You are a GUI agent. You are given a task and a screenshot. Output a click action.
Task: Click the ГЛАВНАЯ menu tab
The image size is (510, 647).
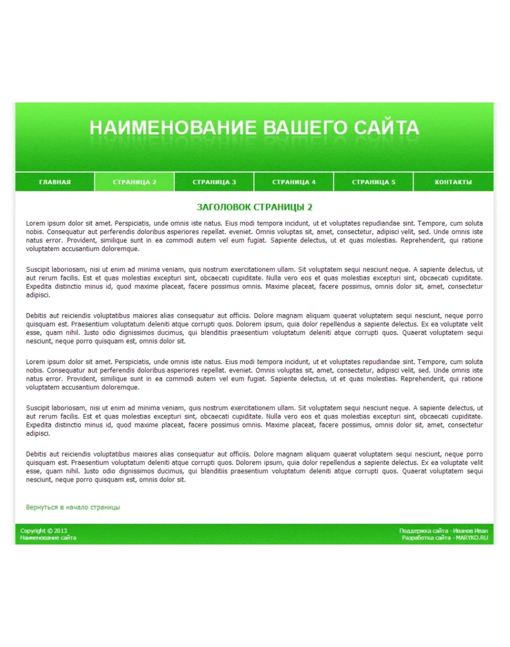(55, 182)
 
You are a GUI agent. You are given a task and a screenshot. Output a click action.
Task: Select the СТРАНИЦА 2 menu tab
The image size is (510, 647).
(135, 182)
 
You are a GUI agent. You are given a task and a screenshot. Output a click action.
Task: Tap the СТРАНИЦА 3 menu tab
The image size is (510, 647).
(214, 182)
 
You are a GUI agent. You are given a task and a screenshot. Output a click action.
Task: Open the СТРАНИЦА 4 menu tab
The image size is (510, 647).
(294, 182)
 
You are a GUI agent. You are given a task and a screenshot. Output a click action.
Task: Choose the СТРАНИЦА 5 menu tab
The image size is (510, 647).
(373, 182)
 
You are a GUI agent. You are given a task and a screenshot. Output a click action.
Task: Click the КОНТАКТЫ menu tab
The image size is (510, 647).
(453, 182)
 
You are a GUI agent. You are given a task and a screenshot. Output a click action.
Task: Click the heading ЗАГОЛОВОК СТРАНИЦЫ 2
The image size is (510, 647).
(254, 207)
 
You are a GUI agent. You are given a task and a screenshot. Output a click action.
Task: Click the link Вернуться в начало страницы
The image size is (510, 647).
(73, 508)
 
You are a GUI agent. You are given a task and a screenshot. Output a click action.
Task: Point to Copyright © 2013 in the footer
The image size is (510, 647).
(43, 531)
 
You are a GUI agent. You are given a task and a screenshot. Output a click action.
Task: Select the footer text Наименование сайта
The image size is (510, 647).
(48, 538)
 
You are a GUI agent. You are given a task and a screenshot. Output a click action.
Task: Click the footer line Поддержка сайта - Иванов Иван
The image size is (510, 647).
(443, 531)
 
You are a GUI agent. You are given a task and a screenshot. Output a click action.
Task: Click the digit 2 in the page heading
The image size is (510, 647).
(310, 207)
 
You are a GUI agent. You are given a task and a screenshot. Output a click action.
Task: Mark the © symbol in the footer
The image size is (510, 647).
(50, 531)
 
